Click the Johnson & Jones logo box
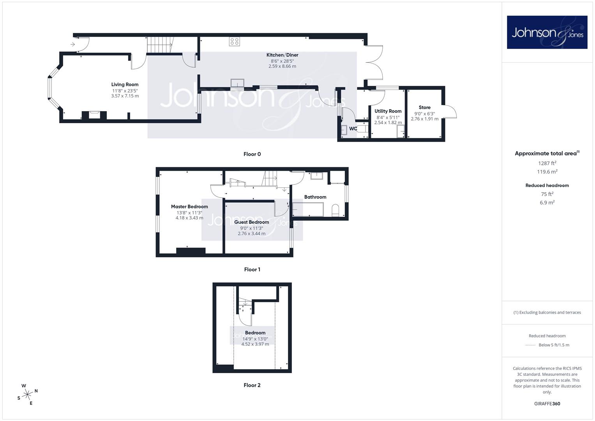click(547, 32)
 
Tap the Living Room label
click(125, 85)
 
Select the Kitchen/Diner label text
click(282, 55)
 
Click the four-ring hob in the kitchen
click(235, 41)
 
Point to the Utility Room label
click(388, 111)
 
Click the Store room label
click(424, 107)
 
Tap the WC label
click(353, 129)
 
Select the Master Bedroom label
click(189, 207)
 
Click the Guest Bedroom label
click(252, 222)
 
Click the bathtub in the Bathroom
click(308, 209)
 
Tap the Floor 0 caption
click(252, 154)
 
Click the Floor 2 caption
click(252, 385)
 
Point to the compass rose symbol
click(27, 394)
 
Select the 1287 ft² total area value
click(547, 163)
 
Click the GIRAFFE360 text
click(547, 404)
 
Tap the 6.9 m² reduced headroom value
click(547, 203)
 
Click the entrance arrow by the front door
click(72, 44)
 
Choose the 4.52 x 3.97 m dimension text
click(255, 344)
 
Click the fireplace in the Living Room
click(94, 116)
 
